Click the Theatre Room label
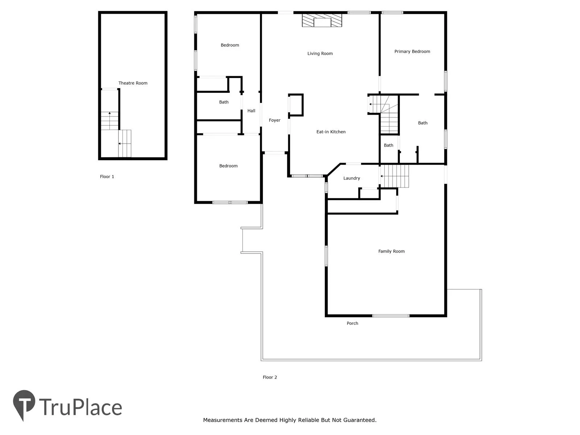133,83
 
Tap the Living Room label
320,54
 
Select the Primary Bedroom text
412,51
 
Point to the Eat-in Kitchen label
331,132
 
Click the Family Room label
391,251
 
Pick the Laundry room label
351,178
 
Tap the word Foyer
274,120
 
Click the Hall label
251,111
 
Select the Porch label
352,323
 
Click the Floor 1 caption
107,177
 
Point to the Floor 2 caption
270,377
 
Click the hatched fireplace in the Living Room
322,20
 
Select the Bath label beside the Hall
224,102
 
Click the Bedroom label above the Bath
229,45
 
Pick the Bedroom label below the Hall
228,166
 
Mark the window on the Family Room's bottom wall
391,316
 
